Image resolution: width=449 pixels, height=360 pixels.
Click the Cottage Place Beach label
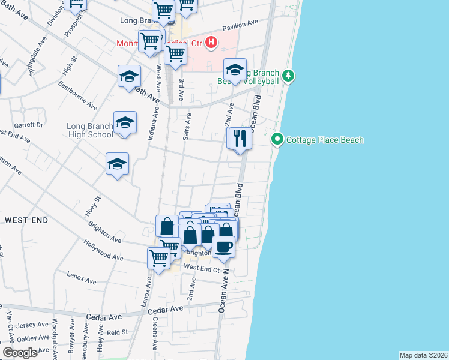pyautogui.click(x=325, y=140)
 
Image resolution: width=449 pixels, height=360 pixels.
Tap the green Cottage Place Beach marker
pyautogui.click(x=277, y=140)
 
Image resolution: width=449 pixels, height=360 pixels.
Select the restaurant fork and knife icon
pyautogui.click(x=240, y=139)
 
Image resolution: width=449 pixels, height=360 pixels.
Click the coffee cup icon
pyautogui.click(x=223, y=247)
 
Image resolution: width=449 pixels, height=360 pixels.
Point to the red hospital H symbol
pyautogui.click(x=211, y=42)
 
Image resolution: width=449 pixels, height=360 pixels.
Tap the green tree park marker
pyautogui.click(x=289, y=76)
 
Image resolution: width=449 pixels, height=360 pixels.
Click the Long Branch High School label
pyautogui.click(x=90, y=130)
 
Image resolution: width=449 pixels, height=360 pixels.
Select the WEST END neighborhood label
pyautogui.click(x=26, y=220)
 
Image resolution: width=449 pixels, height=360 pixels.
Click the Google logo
pyautogui.click(x=20, y=352)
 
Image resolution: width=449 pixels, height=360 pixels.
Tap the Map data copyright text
pyautogui.click(x=423, y=355)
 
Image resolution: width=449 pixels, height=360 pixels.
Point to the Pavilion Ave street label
pyautogui.click(x=240, y=25)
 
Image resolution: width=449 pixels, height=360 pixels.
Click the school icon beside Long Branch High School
pyautogui.click(x=125, y=123)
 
